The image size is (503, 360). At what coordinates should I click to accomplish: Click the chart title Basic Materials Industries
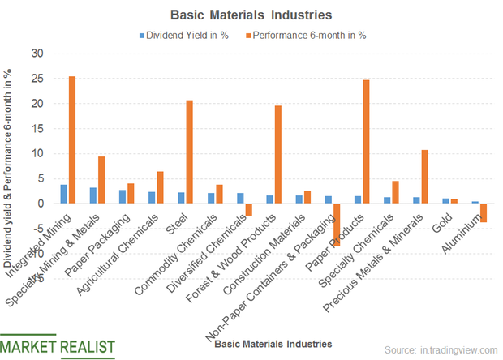(251, 15)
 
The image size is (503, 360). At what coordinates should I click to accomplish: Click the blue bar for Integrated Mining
(63, 194)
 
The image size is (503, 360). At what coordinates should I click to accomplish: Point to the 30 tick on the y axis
(37, 54)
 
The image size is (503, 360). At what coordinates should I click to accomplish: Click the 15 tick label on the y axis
(37, 129)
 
